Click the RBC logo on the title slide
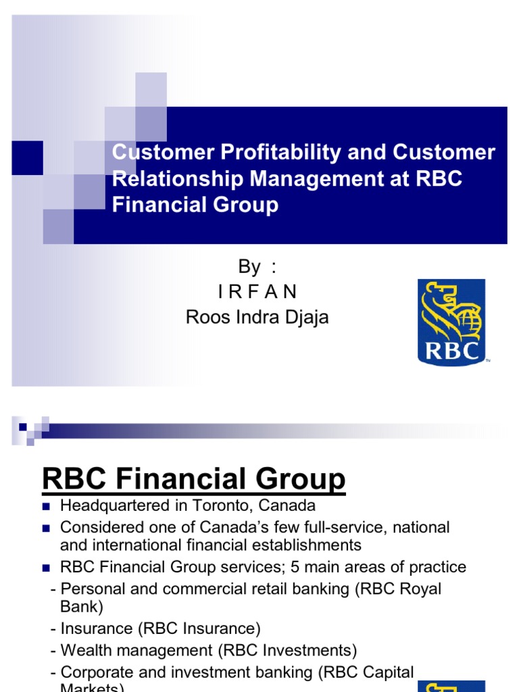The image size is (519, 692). click(451, 322)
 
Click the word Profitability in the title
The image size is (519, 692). click(272, 152)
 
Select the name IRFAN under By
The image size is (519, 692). click(257, 292)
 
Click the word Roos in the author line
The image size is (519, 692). click(205, 317)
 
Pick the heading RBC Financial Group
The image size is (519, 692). click(193, 479)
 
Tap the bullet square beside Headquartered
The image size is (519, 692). click(47, 506)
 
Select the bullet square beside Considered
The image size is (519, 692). click(47, 527)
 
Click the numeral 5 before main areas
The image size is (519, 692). click(295, 567)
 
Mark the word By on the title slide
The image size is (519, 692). click(249, 267)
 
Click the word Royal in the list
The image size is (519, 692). click(418, 589)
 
